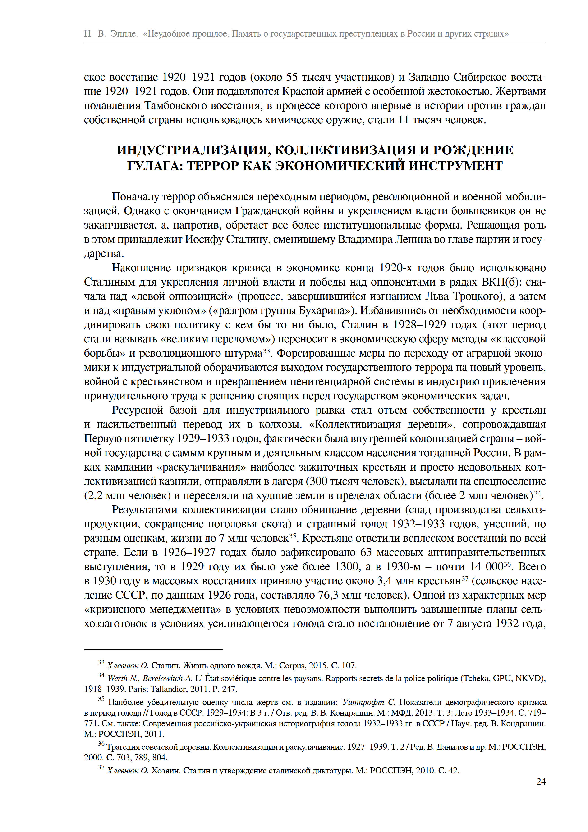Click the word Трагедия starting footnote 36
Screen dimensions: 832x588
click(x=124, y=747)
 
